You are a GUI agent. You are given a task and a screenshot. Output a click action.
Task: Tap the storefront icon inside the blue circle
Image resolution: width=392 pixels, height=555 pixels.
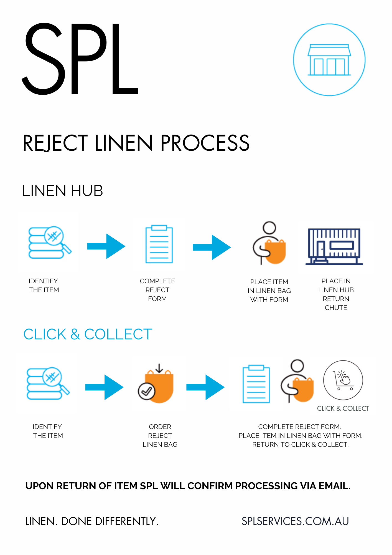click(x=329, y=60)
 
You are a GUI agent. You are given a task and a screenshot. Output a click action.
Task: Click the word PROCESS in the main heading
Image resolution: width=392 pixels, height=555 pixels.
click(x=205, y=143)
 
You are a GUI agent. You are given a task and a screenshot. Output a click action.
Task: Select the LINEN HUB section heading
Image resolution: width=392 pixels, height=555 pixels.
click(x=62, y=191)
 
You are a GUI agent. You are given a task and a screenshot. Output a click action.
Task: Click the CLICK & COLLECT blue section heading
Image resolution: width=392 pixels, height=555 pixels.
click(x=88, y=334)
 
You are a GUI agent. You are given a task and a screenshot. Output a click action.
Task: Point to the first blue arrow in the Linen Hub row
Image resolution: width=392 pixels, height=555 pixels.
click(x=106, y=246)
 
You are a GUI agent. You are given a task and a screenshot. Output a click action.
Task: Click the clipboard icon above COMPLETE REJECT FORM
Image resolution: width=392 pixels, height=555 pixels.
click(x=159, y=244)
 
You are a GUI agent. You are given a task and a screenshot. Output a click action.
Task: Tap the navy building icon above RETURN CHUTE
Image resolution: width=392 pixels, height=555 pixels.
click(x=334, y=246)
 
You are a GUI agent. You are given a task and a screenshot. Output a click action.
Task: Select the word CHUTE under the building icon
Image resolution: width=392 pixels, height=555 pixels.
click(x=336, y=308)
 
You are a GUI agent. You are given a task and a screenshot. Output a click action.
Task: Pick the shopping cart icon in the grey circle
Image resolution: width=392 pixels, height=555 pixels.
click(x=343, y=380)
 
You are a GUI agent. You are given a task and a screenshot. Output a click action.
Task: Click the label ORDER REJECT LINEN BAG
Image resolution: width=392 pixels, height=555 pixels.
click(x=160, y=435)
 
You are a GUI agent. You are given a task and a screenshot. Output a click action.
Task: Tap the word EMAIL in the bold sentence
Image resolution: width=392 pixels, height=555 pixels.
click(x=334, y=486)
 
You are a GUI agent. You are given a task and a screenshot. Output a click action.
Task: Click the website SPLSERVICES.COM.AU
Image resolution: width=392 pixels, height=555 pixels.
click(x=295, y=521)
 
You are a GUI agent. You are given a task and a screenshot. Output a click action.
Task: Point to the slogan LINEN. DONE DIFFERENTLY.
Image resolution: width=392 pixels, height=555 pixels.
click(x=92, y=521)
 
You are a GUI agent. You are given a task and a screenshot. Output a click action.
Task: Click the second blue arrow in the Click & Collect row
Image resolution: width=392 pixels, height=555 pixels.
click(x=205, y=387)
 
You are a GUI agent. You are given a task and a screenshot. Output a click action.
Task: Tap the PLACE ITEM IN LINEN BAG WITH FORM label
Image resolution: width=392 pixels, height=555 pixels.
click(x=269, y=291)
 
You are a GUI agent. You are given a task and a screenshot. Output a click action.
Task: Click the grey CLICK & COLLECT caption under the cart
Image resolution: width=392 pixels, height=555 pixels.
click(x=343, y=408)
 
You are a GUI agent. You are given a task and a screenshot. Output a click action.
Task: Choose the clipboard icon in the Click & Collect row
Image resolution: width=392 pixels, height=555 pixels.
click(x=256, y=384)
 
